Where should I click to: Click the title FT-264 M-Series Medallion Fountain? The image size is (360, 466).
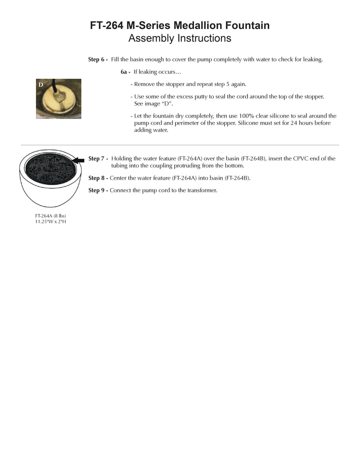point(180,26)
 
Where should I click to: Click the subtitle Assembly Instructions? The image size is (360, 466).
point(180,38)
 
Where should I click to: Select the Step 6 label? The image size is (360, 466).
point(98,59)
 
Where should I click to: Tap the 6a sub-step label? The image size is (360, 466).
point(126,72)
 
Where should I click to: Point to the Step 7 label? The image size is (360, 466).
point(98,158)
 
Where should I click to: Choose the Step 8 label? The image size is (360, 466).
point(98,178)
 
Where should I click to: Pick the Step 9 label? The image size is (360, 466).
point(98,190)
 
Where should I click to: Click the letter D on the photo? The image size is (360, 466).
point(41,85)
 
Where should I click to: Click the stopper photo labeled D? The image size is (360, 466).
point(58,99)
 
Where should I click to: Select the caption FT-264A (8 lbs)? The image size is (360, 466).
point(50,216)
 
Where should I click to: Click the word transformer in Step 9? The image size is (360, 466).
point(202,190)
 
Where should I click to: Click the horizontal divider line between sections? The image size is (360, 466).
point(180,145)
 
